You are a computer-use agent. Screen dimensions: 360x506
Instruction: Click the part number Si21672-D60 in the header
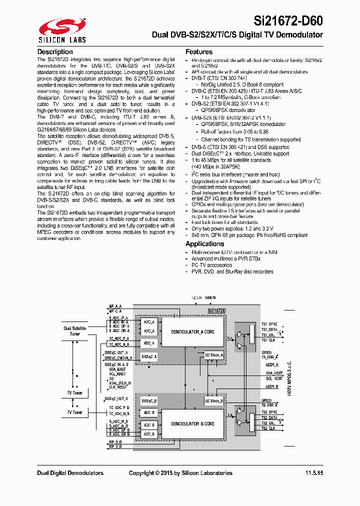[x=288, y=20]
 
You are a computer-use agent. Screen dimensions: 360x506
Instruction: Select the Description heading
[x=55, y=52]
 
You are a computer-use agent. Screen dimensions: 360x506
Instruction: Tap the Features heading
[x=199, y=52]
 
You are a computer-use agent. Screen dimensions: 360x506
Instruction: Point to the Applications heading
[x=204, y=243]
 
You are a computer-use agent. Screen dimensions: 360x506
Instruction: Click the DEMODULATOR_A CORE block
[x=192, y=331]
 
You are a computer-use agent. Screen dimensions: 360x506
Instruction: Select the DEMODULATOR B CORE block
[x=192, y=423]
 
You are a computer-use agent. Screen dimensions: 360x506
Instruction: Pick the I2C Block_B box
[x=214, y=401]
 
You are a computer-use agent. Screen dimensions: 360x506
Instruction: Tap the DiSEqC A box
[x=149, y=356]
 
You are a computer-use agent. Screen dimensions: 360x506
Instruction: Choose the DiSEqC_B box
[x=149, y=400]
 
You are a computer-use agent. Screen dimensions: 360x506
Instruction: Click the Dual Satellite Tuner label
[x=74, y=331]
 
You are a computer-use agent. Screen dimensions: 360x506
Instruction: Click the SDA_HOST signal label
[x=274, y=373]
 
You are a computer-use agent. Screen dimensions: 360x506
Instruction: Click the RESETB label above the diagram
[x=210, y=297]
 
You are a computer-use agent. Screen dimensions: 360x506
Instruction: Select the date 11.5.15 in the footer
[x=314, y=473]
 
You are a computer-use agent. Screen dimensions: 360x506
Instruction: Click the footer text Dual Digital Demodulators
[x=70, y=473]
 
